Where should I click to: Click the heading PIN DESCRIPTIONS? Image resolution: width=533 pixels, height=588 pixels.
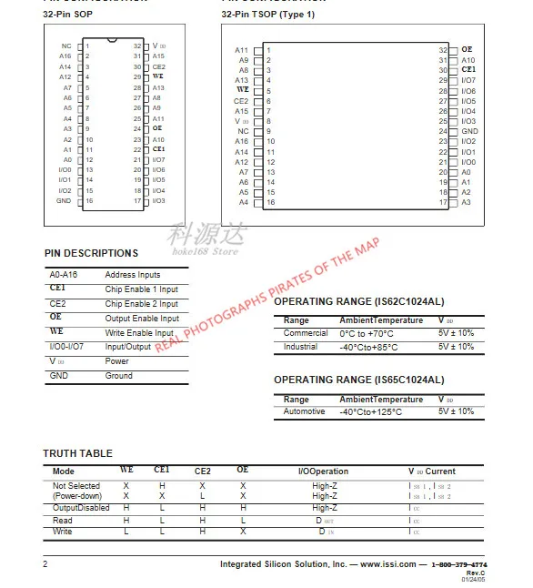[91, 252]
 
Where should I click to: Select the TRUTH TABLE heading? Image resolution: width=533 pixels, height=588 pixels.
[78, 452]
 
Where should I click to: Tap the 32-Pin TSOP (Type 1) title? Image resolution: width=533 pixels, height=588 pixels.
[268, 15]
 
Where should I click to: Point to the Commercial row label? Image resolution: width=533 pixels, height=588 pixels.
[306, 333]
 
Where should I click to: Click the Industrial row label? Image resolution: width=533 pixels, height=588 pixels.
[301, 346]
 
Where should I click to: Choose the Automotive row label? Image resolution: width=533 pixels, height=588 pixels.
[304, 411]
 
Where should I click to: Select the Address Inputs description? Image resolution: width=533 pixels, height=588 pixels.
[133, 274]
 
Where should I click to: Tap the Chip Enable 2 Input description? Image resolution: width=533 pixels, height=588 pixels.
[141, 303]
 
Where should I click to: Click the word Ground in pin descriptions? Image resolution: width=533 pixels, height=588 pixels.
[118, 375]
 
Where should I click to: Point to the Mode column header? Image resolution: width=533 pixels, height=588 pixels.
[64, 471]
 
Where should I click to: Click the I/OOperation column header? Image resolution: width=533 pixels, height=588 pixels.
[323, 471]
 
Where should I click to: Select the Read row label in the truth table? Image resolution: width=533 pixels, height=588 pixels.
[63, 520]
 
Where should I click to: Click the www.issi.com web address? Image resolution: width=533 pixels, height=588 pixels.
[388, 564]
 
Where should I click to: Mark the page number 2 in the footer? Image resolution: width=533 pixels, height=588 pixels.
[45, 564]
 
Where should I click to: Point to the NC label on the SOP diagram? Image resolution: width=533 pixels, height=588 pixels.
[66, 46]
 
